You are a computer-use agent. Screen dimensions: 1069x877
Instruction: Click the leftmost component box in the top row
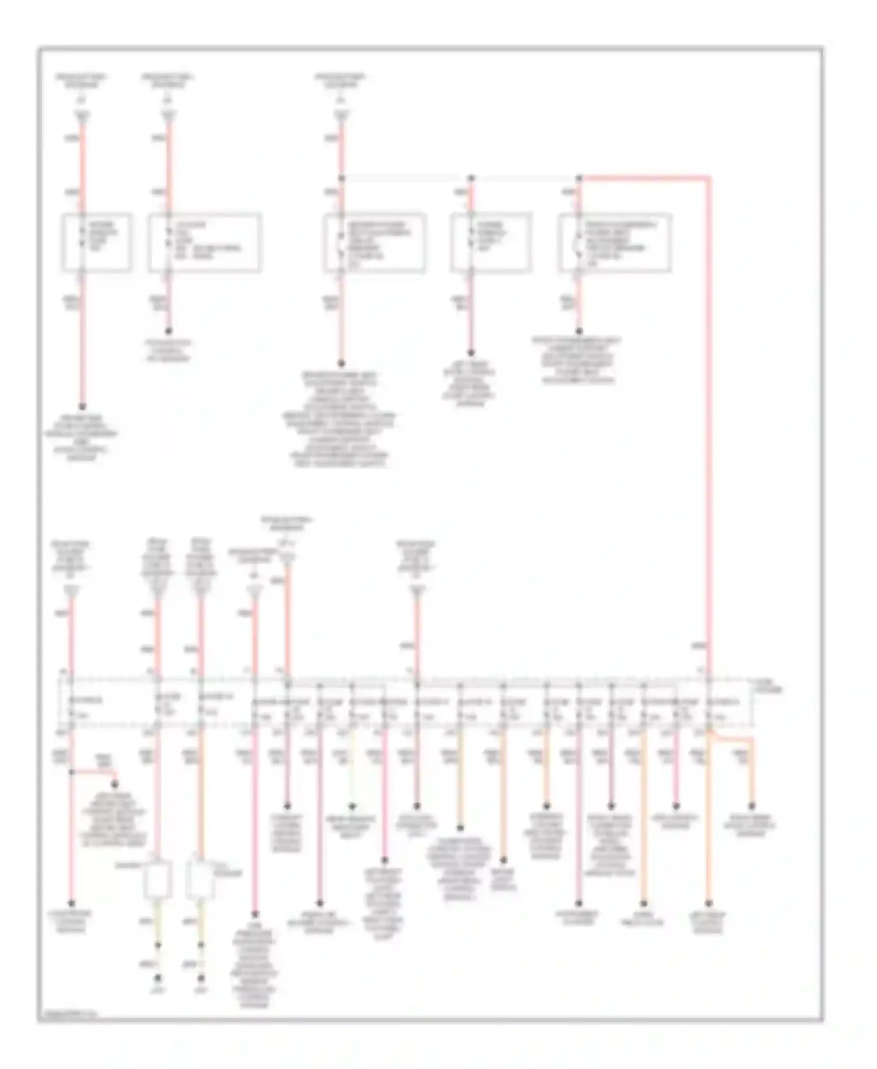coord(96,242)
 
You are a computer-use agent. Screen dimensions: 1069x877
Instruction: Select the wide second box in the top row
coord(204,242)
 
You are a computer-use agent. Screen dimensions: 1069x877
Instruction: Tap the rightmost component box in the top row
coord(614,243)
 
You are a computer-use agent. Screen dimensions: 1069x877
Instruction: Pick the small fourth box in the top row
coord(491,242)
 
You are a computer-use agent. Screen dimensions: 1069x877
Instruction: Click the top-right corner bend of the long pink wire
coord(709,177)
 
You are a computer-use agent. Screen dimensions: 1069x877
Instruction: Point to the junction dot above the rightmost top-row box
coord(579,177)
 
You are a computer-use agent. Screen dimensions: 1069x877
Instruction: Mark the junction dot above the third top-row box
coord(342,177)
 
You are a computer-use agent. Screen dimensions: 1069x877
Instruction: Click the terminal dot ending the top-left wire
coord(82,406)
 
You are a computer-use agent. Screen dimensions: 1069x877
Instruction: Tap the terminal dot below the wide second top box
coord(169,330)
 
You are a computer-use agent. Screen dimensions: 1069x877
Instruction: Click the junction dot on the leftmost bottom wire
coord(72,772)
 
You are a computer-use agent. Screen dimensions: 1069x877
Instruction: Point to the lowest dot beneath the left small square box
coord(157,977)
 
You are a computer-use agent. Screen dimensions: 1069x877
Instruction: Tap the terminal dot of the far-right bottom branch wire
coord(752,806)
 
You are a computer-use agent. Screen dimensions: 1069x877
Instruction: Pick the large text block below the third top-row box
coord(340,419)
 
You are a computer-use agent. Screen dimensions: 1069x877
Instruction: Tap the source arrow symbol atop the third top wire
coord(341,117)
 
